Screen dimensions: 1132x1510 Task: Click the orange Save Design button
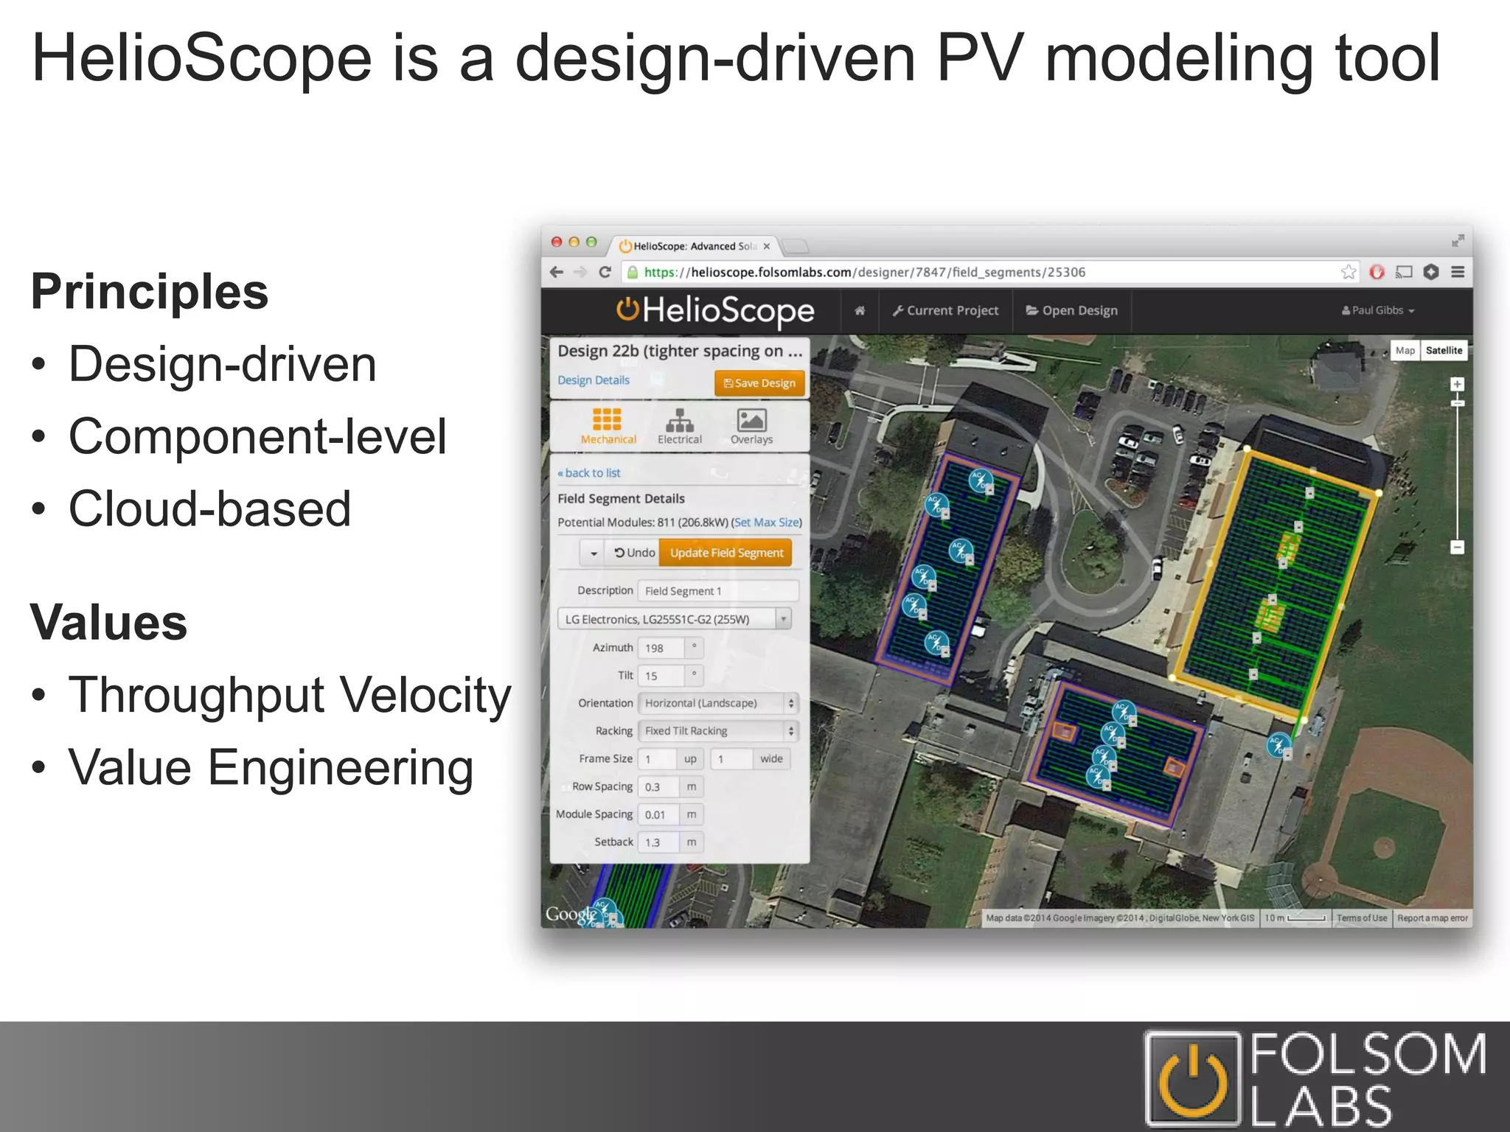(759, 382)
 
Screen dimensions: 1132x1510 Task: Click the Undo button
(634, 553)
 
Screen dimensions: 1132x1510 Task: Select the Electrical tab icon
(679, 426)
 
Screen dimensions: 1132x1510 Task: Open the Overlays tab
(751, 426)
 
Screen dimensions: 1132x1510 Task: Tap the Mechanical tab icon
(608, 426)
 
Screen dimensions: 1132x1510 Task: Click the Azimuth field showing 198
(661, 648)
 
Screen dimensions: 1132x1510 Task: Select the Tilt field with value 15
(661, 676)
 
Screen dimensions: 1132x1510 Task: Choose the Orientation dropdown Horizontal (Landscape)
(717, 703)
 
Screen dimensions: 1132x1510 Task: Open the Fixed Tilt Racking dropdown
(717, 731)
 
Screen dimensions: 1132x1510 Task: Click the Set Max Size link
(767, 523)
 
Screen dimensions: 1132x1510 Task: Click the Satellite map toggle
(1443, 351)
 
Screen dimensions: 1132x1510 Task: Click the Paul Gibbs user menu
(1377, 311)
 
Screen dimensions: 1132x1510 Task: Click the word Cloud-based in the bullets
(209, 509)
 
